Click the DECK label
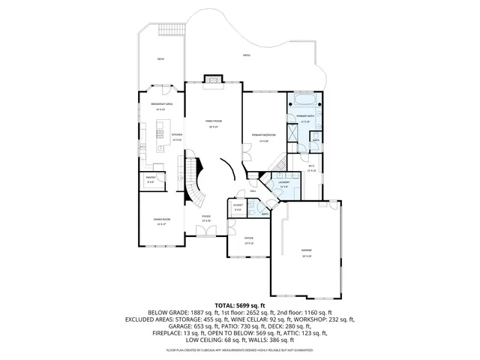pos(160,59)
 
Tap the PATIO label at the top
pos(247,56)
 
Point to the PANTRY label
pos(150,178)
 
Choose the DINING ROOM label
pos(158,219)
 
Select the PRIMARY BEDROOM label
pos(264,135)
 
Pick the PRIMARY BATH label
pos(304,117)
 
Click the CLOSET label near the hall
pos(237,205)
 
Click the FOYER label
pos(205,217)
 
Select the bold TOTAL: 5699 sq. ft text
pos(240,305)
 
